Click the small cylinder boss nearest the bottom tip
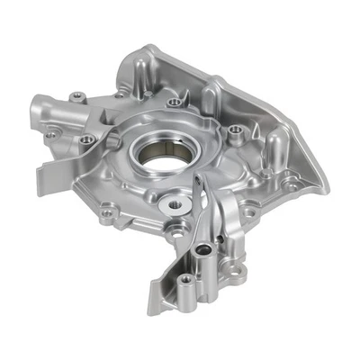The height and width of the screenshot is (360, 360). [184, 280]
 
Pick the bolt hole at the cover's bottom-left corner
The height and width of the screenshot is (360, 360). [108, 214]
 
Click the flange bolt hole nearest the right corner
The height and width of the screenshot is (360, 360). [293, 184]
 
